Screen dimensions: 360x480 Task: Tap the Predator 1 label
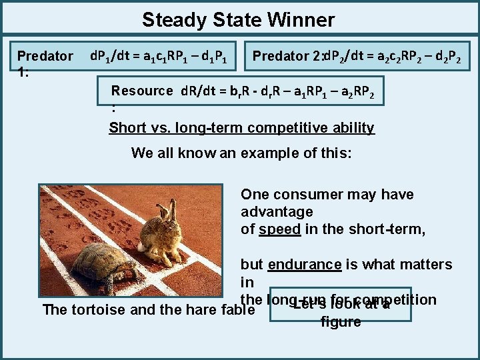[x=45, y=57]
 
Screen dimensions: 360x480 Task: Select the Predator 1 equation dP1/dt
[x=161, y=56]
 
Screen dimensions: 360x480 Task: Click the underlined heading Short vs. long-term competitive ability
[x=241, y=127]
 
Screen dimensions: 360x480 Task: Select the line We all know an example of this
[x=241, y=153]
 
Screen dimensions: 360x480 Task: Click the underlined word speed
[x=280, y=229]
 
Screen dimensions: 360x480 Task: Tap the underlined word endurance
[x=305, y=265]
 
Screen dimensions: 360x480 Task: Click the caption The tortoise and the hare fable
[x=149, y=310]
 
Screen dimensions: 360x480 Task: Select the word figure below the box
[x=341, y=322]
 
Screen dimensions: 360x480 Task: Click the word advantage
[x=277, y=212]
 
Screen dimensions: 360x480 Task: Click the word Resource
[x=142, y=91]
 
